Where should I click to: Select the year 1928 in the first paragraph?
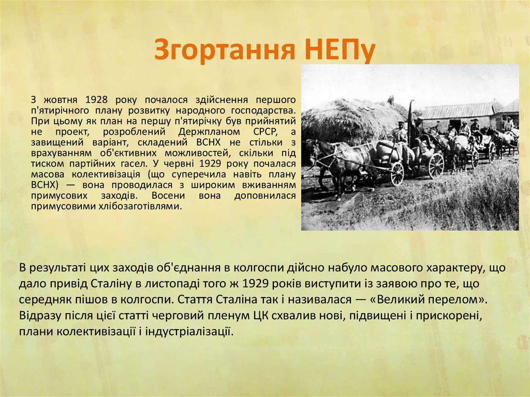[96, 99]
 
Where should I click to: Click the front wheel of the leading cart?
[397, 174]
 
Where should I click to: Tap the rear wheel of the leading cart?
[436, 165]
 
